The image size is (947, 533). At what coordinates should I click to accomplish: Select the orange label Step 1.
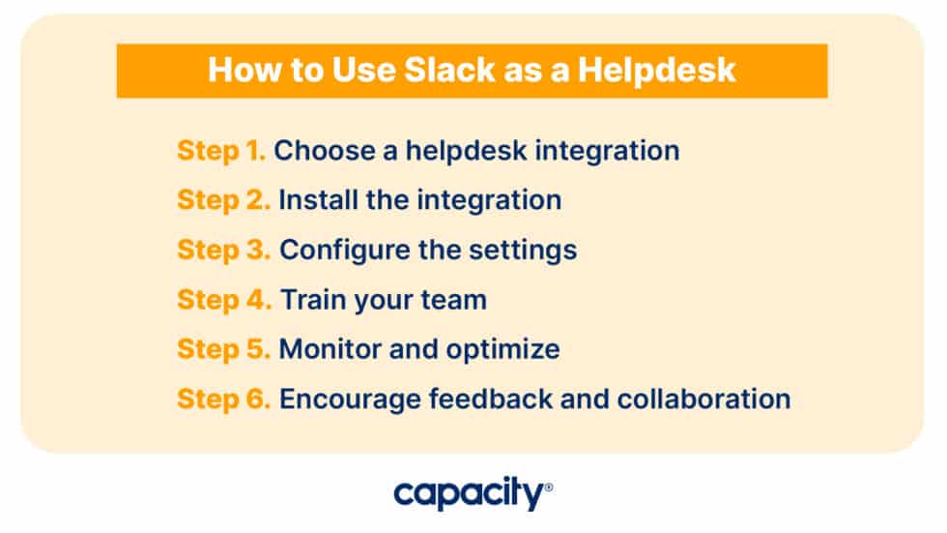point(221,151)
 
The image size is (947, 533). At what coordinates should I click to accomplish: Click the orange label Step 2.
point(223,200)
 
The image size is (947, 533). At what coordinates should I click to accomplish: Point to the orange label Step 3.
point(224,250)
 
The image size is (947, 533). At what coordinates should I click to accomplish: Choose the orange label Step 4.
point(224,300)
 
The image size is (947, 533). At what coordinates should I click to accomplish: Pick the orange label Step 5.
point(224,349)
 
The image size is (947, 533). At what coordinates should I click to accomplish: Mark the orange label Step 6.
point(224,399)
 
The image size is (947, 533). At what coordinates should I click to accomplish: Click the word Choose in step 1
point(323,151)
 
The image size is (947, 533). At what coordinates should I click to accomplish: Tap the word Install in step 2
point(313,200)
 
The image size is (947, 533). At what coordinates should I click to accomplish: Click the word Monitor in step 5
point(327,349)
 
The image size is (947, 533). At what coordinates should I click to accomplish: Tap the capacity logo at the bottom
point(469,495)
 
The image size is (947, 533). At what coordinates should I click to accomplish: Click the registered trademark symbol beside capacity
point(549,488)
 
